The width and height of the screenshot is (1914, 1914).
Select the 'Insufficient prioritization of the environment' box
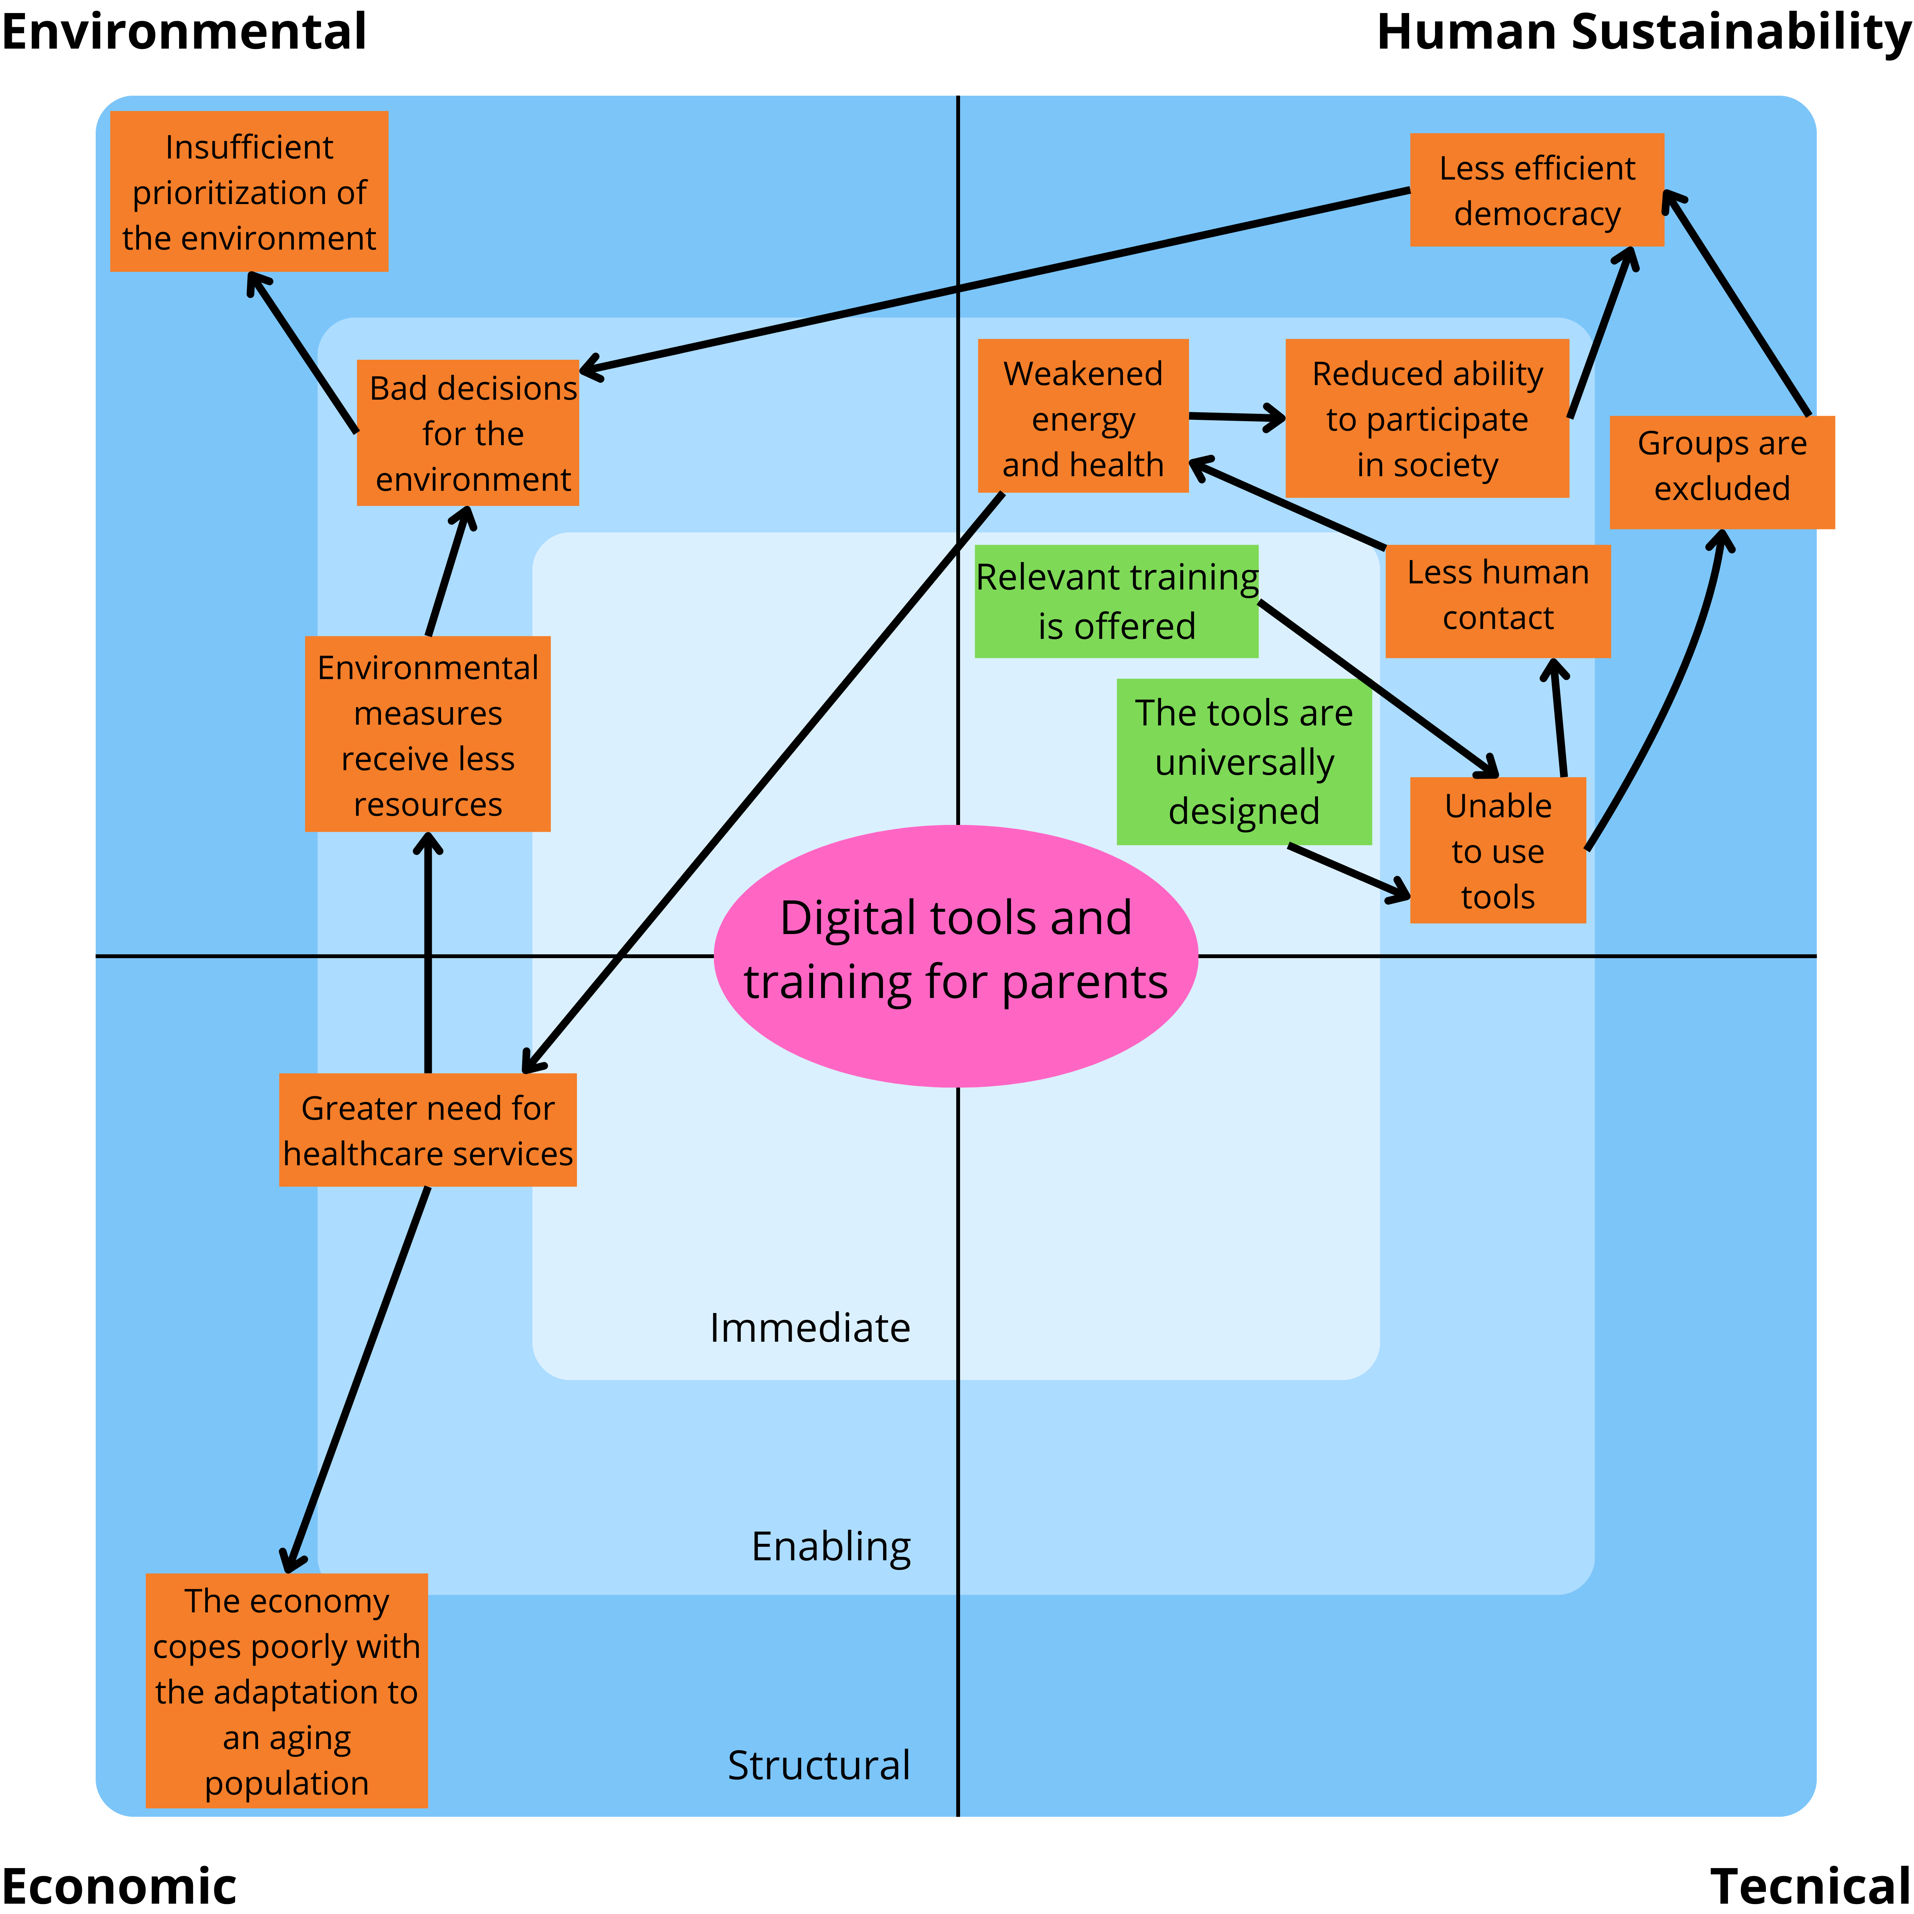click(x=249, y=191)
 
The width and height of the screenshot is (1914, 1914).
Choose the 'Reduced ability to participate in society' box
click(x=1427, y=418)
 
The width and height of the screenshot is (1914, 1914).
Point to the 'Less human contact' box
click(x=1497, y=600)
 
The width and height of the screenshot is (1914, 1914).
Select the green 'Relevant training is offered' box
click(x=1117, y=601)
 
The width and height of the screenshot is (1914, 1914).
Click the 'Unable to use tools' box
click(x=1497, y=850)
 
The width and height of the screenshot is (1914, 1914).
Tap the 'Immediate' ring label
click(x=809, y=1328)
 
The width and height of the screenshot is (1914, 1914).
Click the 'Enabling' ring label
click(x=830, y=1545)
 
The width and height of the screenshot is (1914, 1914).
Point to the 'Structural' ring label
click(x=818, y=1764)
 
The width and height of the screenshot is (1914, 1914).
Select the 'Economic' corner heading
click(x=119, y=1885)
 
